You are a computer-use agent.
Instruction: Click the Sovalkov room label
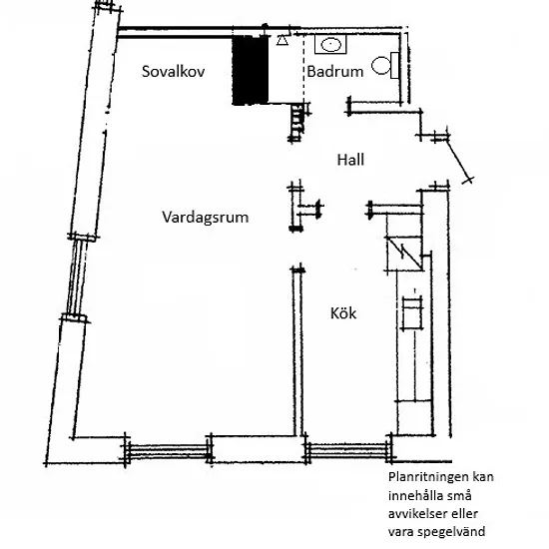173,72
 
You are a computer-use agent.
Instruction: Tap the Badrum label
335,72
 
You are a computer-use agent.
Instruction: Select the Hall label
350,160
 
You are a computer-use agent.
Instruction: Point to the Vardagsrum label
206,218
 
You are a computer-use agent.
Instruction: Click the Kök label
343,313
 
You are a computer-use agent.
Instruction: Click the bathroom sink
330,45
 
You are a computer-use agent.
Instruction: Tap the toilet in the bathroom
385,66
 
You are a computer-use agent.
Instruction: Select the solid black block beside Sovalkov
251,70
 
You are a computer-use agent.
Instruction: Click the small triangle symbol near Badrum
282,41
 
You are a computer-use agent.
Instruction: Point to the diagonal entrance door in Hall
459,160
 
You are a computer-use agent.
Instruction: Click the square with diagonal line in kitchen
404,254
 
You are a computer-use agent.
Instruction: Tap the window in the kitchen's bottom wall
348,451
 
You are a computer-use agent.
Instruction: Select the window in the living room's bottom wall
168,451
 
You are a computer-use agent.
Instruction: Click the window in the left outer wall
77,276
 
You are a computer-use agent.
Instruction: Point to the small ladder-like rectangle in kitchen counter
412,313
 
